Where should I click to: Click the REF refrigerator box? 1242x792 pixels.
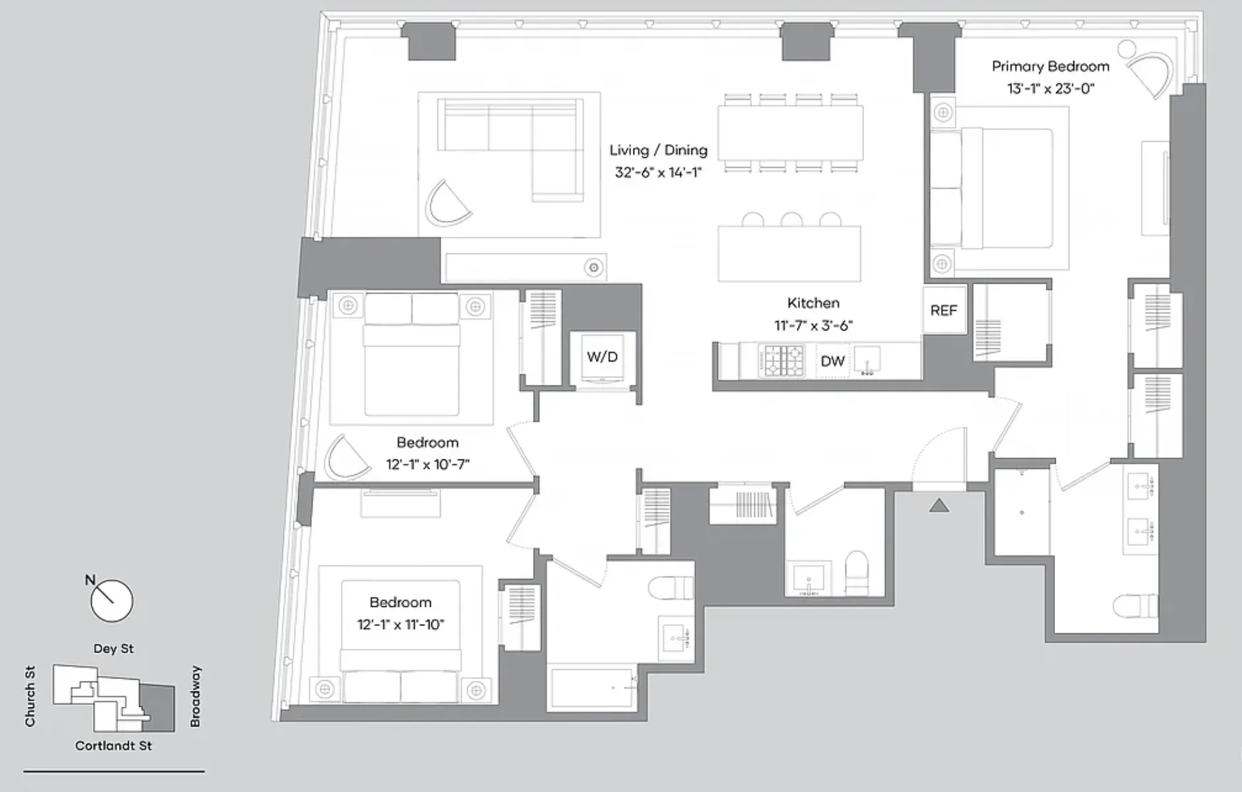pos(943,310)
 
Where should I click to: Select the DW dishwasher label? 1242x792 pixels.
pos(832,361)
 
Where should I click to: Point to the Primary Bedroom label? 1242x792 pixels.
pos(1050,67)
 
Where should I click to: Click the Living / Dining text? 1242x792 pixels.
pos(658,151)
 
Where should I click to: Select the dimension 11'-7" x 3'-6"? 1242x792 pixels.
pos(813,325)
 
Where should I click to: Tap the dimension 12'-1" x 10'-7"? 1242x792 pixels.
pos(427,465)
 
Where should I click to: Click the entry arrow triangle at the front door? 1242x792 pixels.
pos(939,506)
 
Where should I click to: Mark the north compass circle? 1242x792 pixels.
pos(112,601)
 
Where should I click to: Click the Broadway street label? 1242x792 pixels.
pos(195,696)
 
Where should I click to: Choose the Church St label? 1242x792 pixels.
pos(30,696)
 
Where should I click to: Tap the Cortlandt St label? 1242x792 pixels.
pos(114,746)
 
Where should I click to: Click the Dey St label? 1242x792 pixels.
pos(114,649)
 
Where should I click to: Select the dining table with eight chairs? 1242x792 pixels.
pos(790,133)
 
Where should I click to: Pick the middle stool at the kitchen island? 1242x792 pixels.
pos(791,219)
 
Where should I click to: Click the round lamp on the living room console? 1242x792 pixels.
pos(594,268)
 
